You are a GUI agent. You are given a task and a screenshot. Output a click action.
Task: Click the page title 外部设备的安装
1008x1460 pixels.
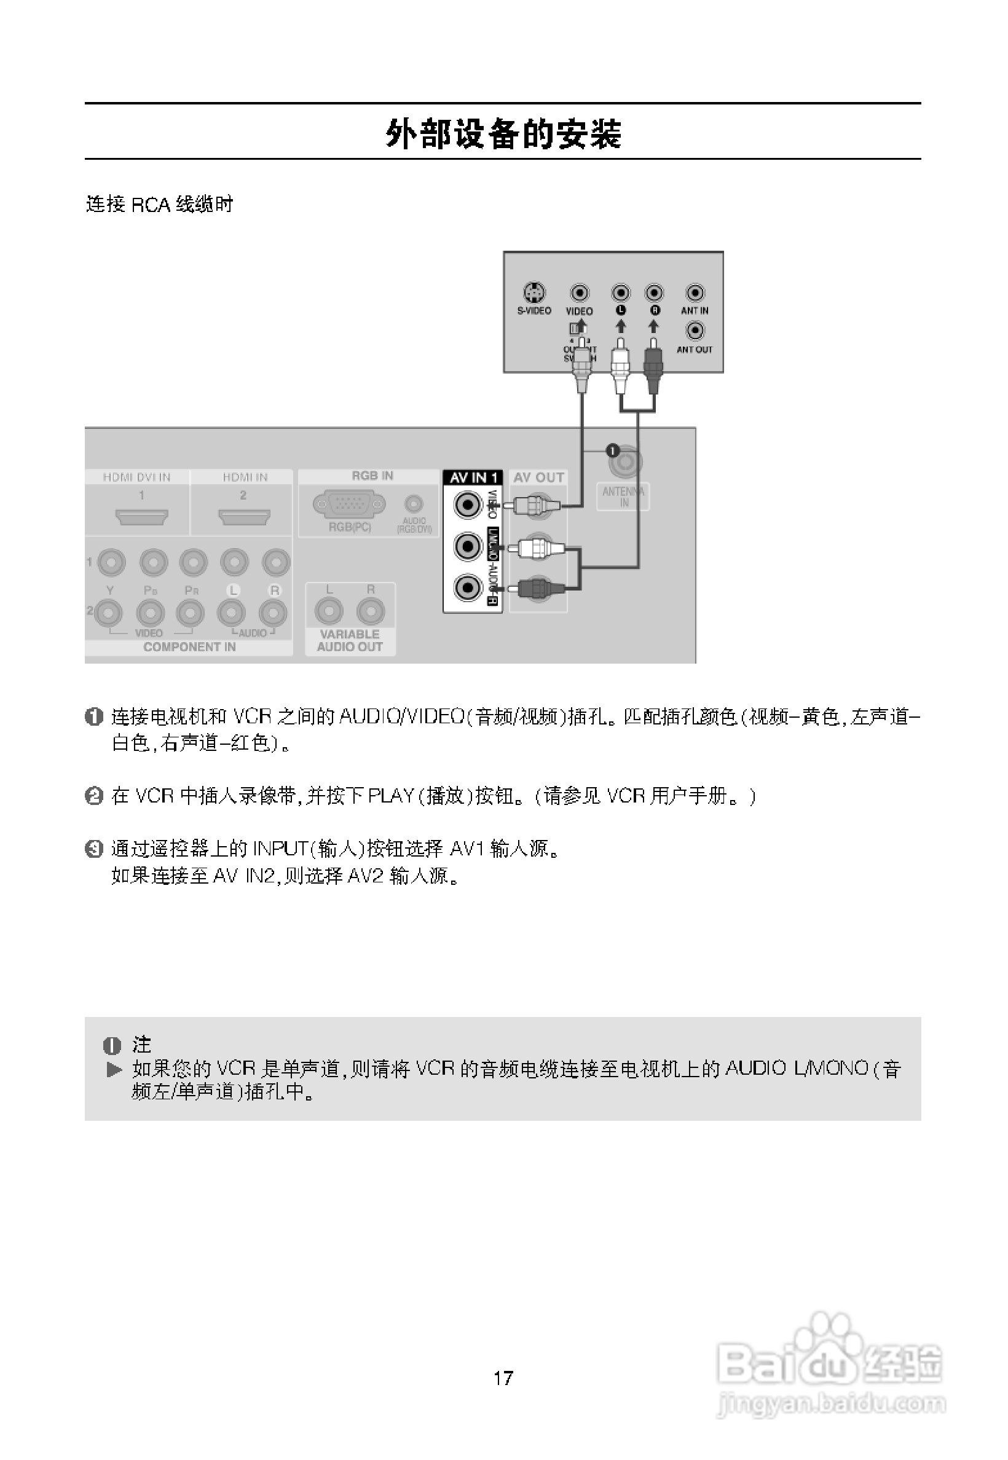503,134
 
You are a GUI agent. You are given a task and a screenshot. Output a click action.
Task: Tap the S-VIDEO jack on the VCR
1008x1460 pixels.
534,292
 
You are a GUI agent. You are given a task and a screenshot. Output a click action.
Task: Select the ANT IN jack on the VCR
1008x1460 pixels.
695,292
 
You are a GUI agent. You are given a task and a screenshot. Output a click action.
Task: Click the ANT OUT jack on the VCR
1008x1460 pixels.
695,330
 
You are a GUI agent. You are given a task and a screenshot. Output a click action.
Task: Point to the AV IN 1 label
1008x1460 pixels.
473,477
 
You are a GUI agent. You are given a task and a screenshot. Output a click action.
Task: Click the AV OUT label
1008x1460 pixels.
538,477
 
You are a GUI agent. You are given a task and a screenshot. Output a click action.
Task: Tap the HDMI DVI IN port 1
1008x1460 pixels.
141,517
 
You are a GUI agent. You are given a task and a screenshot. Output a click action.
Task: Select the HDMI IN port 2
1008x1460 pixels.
244,517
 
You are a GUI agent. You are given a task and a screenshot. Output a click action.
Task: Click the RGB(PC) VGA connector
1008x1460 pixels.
349,504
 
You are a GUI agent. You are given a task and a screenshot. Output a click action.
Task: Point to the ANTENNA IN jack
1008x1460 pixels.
624,463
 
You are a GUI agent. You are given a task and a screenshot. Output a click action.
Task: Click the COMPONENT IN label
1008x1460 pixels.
189,646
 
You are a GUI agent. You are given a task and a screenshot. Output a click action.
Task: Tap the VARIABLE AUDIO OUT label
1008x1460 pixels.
349,640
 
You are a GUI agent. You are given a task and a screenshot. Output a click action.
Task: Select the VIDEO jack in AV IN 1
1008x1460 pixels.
468,504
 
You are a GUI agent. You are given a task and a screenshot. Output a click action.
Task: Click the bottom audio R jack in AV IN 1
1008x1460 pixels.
468,589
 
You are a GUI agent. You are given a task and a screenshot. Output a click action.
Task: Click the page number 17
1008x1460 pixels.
503,1377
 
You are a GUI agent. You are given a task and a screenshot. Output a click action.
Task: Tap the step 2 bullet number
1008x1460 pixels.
93,796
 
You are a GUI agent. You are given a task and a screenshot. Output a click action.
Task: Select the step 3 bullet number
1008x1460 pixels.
93,849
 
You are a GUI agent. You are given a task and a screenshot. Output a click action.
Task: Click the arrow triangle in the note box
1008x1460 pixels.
114,1069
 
